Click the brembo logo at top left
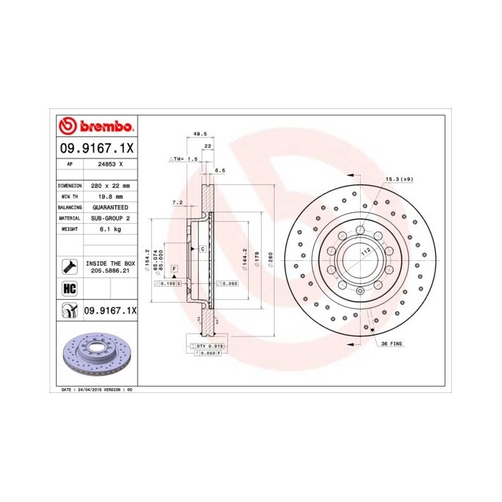(95, 127)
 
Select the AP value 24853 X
(110, 164)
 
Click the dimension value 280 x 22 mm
(109, 185)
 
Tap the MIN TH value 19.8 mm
(109, 196)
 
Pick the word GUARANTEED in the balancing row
(110, 207)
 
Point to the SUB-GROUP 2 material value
(109, 217)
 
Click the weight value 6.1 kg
(109, 228)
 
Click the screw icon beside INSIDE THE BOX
(70, 267)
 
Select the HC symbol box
(70, 289)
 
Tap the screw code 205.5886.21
(109, 272)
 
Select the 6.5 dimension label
(220, 171)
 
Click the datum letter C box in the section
(202, 248)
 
